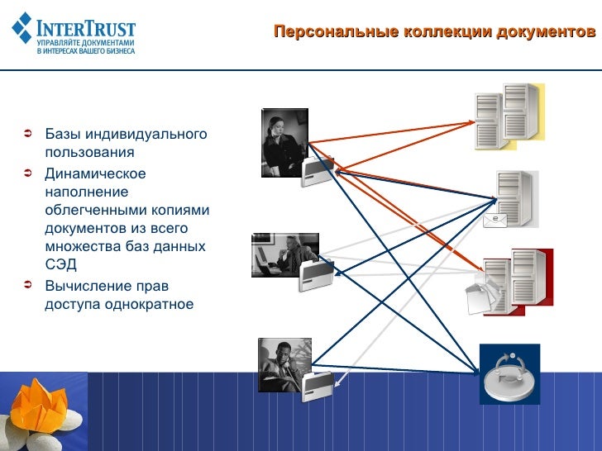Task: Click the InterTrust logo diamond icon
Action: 22,28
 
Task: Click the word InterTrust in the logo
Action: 86,23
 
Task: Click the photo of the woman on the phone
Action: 284,137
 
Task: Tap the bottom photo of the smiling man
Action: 284,364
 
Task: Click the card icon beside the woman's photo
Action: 318,171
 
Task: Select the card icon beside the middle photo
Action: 317,275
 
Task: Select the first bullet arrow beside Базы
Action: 27,133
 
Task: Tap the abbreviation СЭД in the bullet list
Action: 60,265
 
